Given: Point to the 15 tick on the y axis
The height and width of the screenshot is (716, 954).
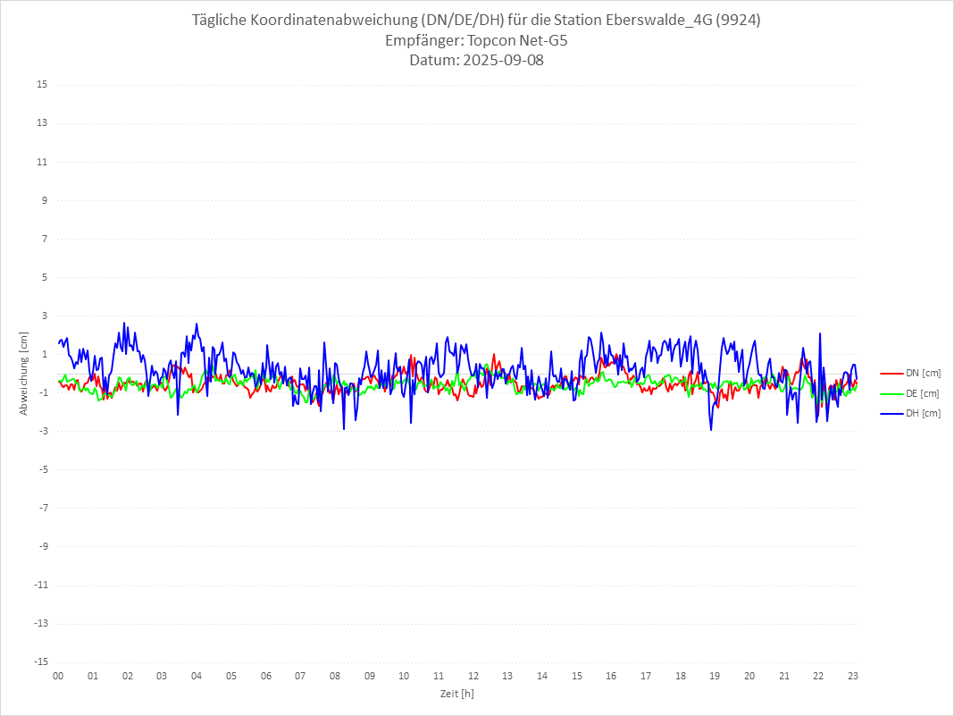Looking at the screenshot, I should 41,85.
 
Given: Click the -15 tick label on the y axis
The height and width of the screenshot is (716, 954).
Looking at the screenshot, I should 39,661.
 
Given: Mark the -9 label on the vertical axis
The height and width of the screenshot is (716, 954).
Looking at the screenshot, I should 41,546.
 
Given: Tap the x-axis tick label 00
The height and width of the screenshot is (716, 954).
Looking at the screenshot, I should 58,676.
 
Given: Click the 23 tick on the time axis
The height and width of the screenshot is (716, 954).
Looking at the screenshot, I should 853,676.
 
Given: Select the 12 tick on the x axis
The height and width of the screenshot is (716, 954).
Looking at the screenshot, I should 473,676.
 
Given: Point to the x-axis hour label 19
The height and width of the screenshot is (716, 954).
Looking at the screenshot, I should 715,676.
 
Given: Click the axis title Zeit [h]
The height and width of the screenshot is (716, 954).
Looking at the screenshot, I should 456,693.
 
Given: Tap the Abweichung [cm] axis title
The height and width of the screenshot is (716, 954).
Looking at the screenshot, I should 24,373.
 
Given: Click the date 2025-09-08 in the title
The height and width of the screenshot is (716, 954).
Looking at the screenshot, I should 500,61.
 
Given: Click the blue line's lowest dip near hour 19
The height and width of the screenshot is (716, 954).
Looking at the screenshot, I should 712,430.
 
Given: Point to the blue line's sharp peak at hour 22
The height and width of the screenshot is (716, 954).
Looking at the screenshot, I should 819,334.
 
